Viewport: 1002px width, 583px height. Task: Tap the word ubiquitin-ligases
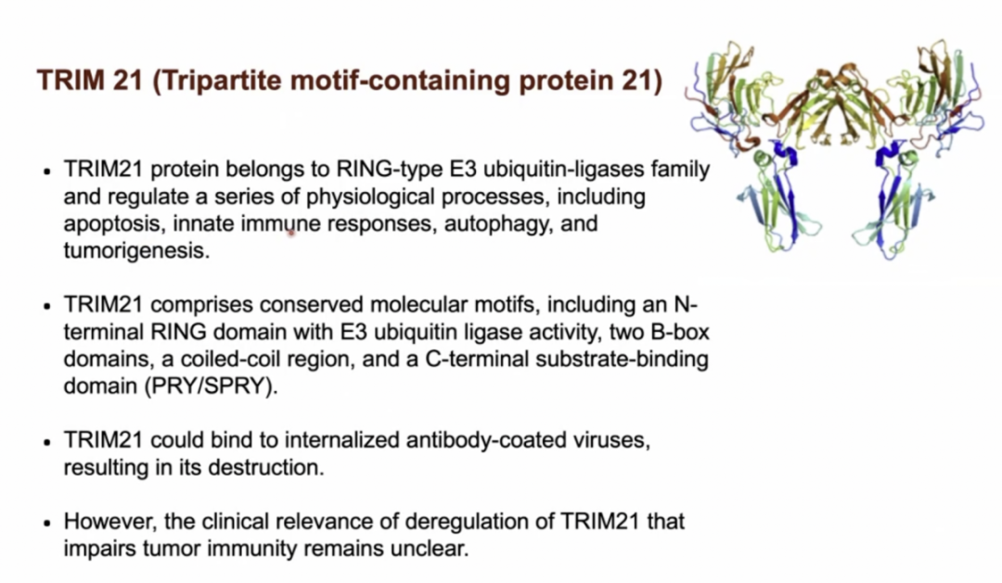pos(563,170)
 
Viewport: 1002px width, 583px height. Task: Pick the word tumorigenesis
pos(136,251)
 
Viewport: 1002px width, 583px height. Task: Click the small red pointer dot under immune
pos(290,234)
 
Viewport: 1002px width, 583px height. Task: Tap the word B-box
pos(681,333)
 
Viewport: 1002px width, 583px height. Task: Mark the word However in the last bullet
pos(109,523)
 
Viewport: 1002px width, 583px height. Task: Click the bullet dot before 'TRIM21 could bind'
pos(46,442)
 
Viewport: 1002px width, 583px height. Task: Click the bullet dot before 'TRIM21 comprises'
pos(46,307)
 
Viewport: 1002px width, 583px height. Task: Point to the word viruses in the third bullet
pos(612,440)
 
